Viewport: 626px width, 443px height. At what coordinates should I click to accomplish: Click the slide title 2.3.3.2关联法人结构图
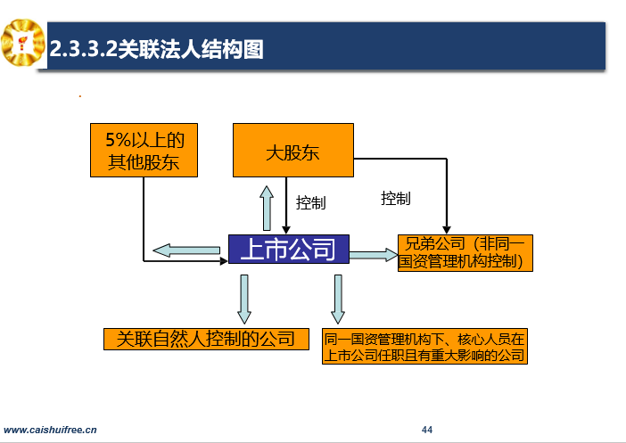(157, 49)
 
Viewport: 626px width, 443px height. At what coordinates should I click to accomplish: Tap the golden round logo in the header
(23, 42)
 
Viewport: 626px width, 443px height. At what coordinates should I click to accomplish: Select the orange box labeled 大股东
(293, 150)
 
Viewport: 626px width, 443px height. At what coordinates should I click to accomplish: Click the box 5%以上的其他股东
(144, 150)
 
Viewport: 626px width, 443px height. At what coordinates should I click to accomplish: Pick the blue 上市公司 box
(289, 249)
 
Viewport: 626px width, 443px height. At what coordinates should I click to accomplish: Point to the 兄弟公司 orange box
(465, 253)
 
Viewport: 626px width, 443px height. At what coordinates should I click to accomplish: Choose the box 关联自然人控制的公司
(206, 340)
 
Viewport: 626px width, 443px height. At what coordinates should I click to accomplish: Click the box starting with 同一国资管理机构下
(424, 346)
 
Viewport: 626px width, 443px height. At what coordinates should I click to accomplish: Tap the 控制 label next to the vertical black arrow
(310, 202)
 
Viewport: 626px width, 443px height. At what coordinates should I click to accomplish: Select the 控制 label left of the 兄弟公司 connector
(396, 199)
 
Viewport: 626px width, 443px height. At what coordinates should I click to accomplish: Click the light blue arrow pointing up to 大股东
(267, 208)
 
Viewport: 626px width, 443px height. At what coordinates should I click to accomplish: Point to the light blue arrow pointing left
(186, 250)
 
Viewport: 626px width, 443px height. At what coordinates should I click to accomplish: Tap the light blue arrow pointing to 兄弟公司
(374, 255)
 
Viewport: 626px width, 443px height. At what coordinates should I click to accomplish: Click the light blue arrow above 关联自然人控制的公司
(244, 299)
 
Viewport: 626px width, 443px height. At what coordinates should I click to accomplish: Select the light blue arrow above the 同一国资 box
(338, 299)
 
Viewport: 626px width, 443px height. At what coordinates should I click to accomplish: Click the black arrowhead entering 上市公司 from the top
(286, 230)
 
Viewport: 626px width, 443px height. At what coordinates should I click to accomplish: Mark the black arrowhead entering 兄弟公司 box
(447, 230)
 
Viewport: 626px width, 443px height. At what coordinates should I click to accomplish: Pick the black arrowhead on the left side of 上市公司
(224, 261)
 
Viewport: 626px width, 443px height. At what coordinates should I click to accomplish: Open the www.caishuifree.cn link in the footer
(50, 430)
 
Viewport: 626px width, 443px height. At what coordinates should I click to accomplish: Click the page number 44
(427, 430)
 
